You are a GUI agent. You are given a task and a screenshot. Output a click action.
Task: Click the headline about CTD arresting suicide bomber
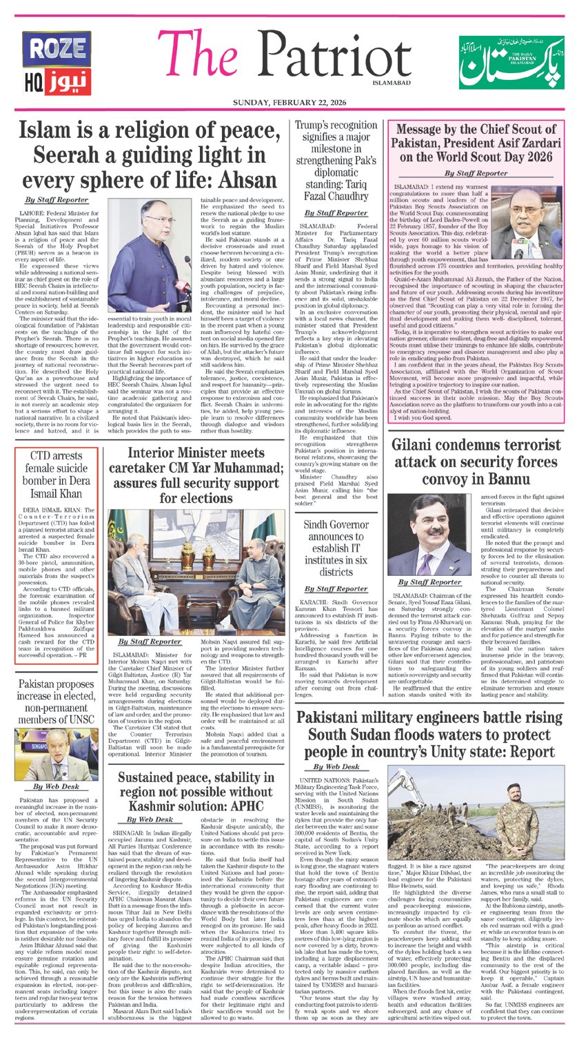(x=57, y=476)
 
